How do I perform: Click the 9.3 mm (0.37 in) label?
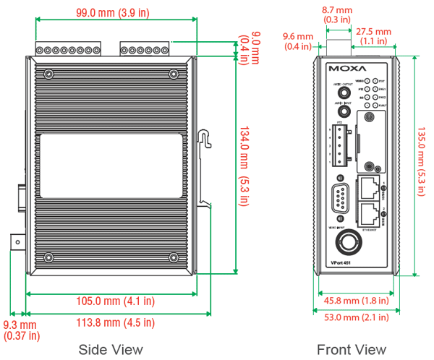21,330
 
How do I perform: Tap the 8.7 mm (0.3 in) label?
337,14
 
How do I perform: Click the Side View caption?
111,349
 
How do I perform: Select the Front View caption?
352,349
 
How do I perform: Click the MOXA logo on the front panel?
342,70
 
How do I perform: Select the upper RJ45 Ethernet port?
369,186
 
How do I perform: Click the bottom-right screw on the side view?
174,257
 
